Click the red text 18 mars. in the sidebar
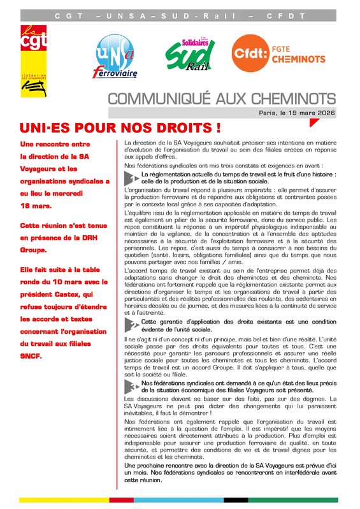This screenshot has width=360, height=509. coord(36,206)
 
